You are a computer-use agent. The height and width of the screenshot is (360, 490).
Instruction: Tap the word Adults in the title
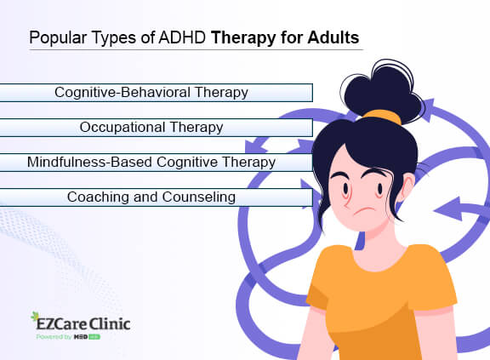(x=335, y=37)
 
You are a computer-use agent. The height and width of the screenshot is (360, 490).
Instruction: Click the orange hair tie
(x=387, y=117)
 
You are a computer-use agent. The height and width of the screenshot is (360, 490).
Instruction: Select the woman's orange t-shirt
(x=383, y=306)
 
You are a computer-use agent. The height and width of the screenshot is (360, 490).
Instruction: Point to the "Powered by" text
(x=53, y=338)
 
